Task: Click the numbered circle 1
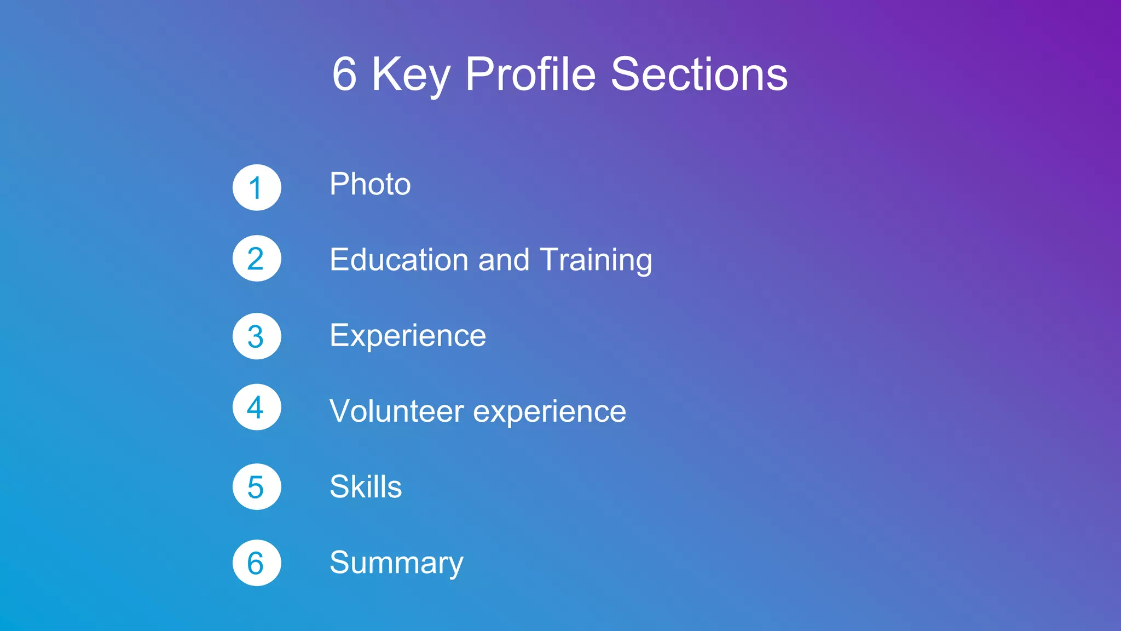257,187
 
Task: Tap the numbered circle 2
257,259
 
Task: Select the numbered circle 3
257,336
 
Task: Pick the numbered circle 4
257,407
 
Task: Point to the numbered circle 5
257,486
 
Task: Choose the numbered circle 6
257,563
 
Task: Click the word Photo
370,184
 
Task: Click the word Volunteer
396,411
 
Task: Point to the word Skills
366,486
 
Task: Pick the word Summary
396,563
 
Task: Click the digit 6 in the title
344,74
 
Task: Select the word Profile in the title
530,74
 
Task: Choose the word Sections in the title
699,74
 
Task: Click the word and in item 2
504,260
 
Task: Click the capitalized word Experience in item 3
408,336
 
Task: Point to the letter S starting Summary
340,562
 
